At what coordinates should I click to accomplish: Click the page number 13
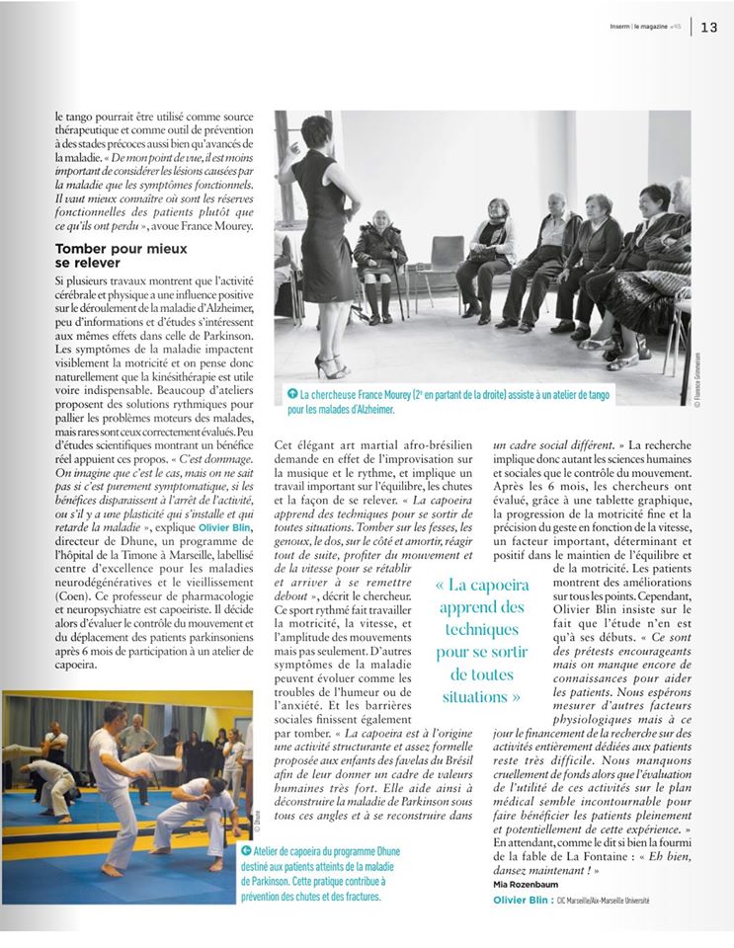(709, 28)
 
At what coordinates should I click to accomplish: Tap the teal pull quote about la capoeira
(480, 640)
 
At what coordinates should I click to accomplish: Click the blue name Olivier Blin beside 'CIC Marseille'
(523, 901)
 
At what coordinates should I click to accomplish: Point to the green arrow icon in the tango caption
(291, 394)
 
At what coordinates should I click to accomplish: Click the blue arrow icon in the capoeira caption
(246, 850)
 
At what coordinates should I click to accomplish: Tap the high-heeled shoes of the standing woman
(328, 366)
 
